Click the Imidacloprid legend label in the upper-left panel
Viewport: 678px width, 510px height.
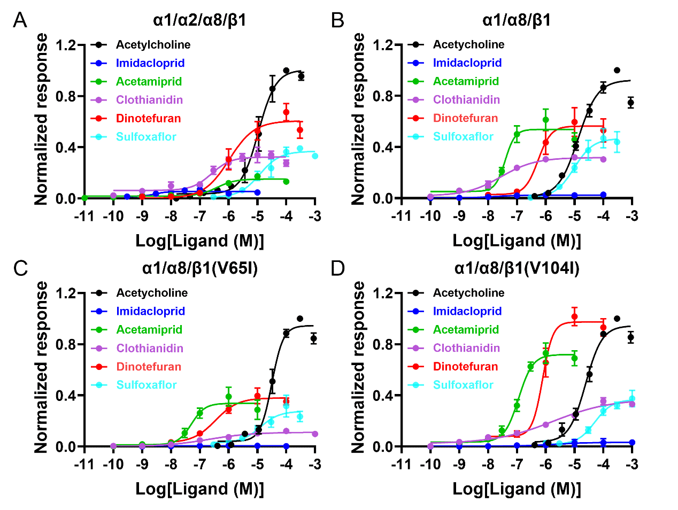(150, 63)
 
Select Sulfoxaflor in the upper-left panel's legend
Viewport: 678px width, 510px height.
(146, 137)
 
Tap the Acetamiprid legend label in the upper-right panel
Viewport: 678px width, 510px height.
(466, 81)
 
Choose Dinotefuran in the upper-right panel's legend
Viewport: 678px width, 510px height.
(465, 118)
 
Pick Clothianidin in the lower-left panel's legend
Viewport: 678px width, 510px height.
(150, 349)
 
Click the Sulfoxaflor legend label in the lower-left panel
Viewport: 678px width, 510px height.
(147, 385)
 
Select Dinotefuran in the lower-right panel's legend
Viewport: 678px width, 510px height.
(465, 367)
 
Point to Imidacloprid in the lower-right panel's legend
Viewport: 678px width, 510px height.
(467, 311)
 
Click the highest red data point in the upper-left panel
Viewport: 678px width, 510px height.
(286, 112)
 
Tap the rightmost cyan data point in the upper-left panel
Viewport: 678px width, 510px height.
(315, 156)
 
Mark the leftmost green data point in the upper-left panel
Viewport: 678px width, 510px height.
(84, 198)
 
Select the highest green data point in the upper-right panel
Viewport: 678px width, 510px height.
(546, 120)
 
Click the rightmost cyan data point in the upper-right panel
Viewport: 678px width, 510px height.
(617, 142)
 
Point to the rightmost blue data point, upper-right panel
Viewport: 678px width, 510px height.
(604, 195)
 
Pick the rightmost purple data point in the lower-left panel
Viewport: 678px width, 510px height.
(315, 434)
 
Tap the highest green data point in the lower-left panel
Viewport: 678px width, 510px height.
(229, 397)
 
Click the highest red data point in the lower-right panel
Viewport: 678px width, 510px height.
(575, 316)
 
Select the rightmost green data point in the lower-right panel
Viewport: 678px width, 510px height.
(575, 358)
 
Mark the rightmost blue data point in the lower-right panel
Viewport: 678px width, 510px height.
(633, 443)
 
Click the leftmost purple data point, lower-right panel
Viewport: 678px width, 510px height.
(430, 446)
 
